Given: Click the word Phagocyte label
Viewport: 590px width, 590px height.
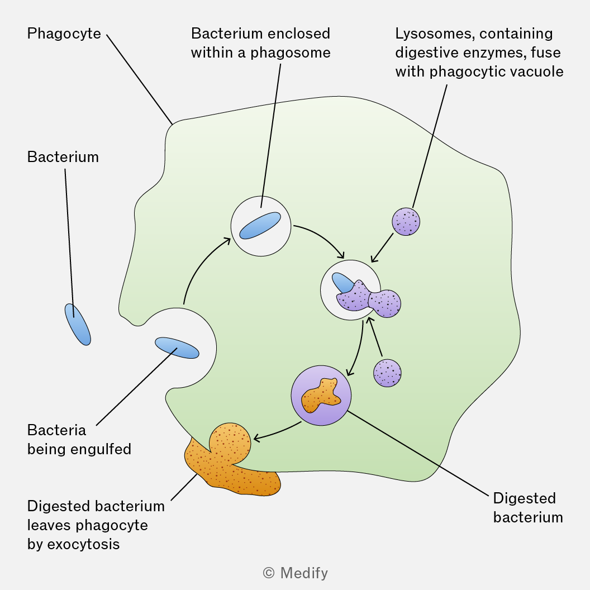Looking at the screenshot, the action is click(64, 34).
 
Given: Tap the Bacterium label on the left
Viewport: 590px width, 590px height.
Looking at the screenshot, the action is click(63, 157).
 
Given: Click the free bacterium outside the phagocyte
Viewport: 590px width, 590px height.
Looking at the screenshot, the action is click(78, 325).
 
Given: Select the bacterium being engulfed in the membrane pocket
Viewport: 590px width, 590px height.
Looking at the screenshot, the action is click(177, 348).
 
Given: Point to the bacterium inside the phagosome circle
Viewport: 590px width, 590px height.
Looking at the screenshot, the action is click(260, 225).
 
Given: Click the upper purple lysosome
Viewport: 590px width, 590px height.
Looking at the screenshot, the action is click(406, 222).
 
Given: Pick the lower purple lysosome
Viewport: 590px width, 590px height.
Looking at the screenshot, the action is click(387, 373).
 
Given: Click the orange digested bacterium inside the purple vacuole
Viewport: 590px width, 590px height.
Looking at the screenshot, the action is click(321, 395).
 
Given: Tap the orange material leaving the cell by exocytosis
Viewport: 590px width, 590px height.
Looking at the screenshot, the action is click(230, 461).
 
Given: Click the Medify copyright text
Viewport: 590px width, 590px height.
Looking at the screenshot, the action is click(296, 573).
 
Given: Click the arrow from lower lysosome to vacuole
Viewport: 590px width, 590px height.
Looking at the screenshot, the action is click(375, 337).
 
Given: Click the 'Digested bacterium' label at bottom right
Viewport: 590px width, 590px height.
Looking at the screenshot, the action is click(528, 508).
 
